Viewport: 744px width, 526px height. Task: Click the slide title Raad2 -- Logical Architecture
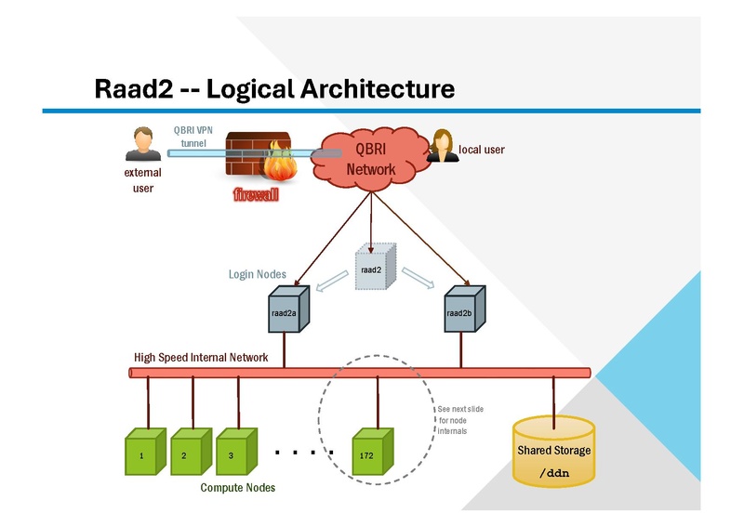[274, 88]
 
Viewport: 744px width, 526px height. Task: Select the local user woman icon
[442, 145]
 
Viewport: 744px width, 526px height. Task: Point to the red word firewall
[256, 196]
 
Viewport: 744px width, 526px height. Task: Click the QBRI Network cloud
[371, 159]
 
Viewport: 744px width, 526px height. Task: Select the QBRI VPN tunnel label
[193, 137]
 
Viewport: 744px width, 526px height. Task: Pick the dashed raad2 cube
[375, 269]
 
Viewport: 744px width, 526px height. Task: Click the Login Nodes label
[258, 275]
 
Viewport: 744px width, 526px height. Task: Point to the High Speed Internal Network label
[201, 358]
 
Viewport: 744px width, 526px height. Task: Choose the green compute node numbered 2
[188, 453]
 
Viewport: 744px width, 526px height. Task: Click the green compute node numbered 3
[233, 453]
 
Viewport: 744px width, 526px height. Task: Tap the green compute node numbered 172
[370, 453]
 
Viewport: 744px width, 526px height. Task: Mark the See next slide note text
[459, 420]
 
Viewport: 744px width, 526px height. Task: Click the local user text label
[482, 149]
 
